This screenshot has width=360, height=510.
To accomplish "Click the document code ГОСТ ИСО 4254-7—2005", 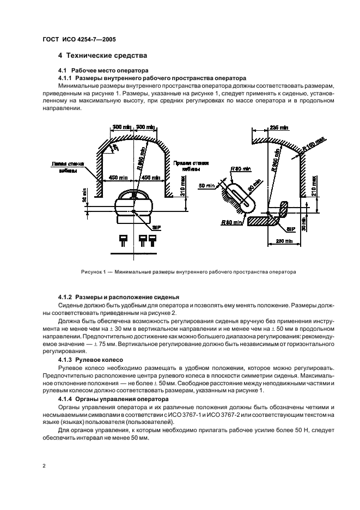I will point(79,40).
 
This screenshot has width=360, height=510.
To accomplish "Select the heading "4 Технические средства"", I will point(100,56).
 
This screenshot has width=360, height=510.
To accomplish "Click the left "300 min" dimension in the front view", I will point(121,127).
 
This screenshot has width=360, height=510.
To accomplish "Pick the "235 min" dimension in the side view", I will point(278,127).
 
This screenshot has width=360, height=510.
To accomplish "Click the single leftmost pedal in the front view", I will point(123,238).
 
